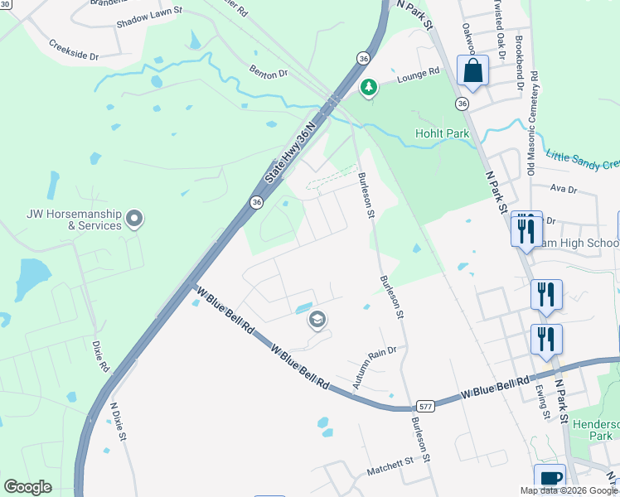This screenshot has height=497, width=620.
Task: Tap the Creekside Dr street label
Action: coord(73,50)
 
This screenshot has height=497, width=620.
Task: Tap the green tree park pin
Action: coord(368,86)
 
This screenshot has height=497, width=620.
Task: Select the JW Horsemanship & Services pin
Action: coord(135,219)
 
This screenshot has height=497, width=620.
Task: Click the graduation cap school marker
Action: coord(317,320)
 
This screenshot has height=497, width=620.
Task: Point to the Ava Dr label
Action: coord(563,189)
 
